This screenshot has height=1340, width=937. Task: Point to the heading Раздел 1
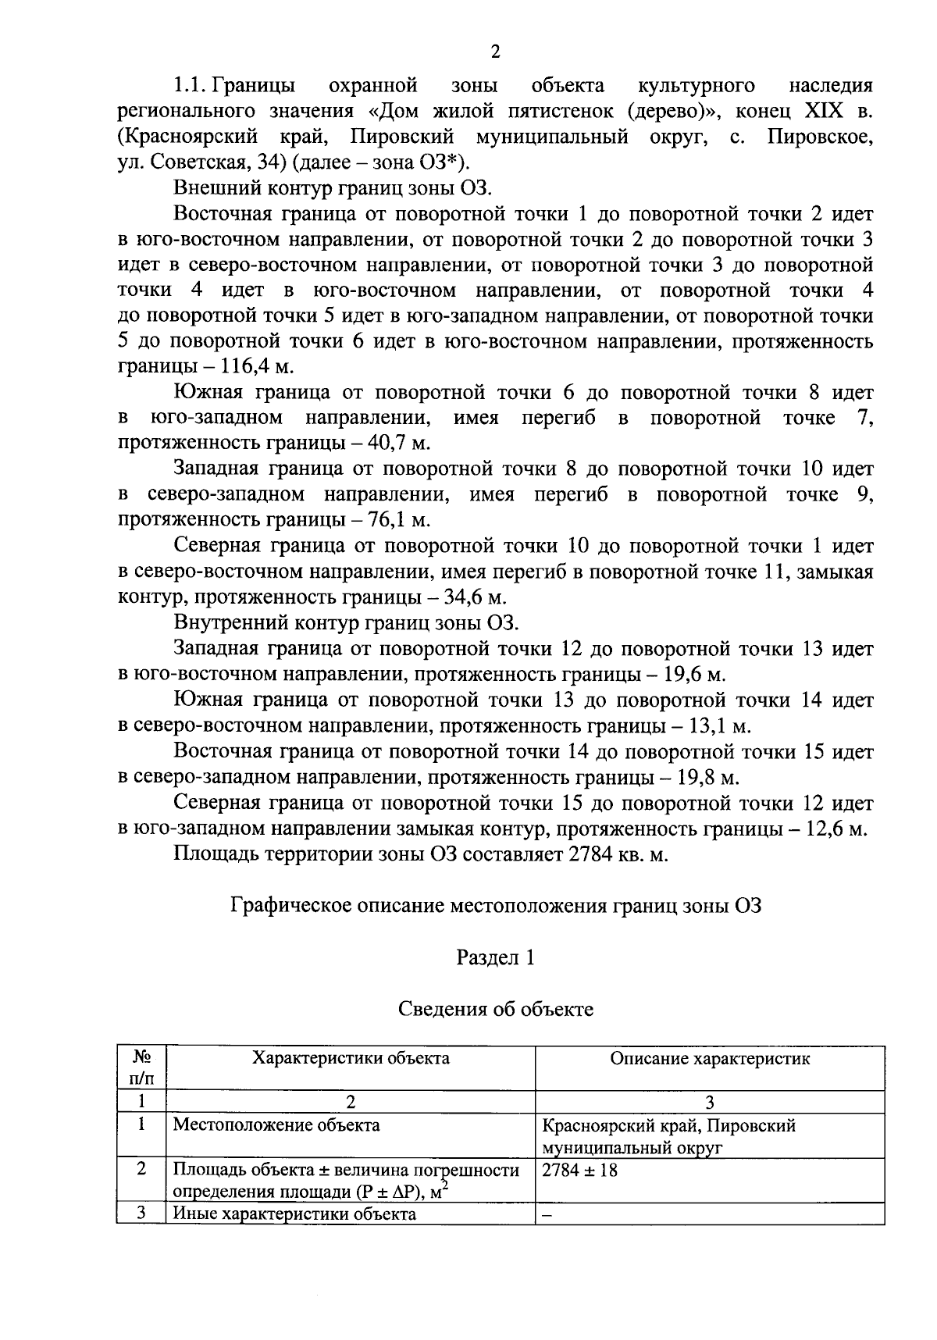pyautogui.click(x=495, y=957)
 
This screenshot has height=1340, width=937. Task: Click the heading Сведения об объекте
pyautogui.click(x=495, y=1009)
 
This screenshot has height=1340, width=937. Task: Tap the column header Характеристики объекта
pyautogui.click(x=350, y=1059)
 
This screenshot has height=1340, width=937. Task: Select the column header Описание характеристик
pyautogui.click(x=709, y=1059)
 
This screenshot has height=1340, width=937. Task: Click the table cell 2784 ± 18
pyautogui.click(x=579, y=1171)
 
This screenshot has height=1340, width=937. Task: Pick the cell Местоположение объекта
pyautogui.click(x=276, y=1125)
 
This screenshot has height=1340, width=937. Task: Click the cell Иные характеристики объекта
pyautogui.click(x=294, y=1214)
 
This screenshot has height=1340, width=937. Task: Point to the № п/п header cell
pyautogui.click(x=141, y=1067)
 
